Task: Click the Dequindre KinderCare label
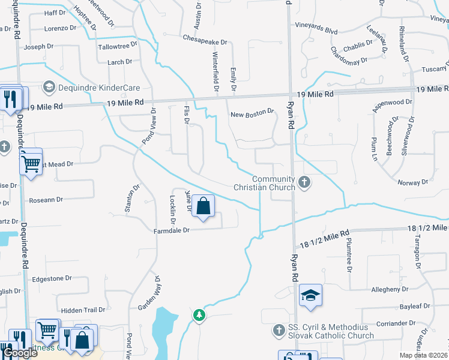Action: [91, 87]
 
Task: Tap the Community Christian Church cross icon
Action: [304, 181]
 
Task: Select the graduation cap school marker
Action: [310, 295]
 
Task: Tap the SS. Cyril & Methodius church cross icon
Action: [278, 330]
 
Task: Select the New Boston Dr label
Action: [252, 112]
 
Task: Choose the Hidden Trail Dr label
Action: [83, 310]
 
